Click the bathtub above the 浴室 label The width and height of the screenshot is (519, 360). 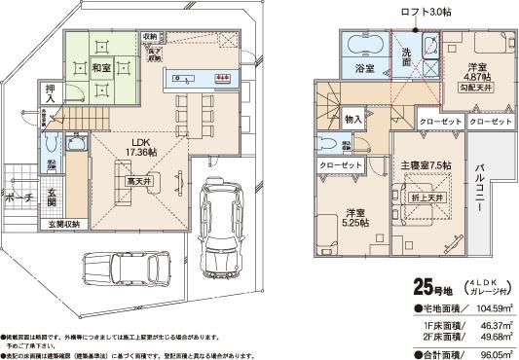(364, 46)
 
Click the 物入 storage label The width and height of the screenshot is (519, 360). (352, 119)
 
